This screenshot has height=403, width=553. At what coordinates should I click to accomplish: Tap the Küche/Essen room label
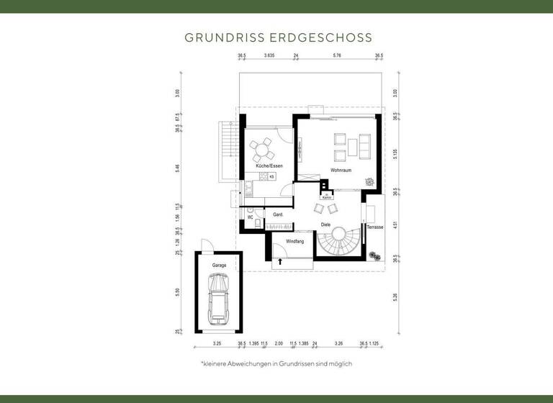tap(269, 166)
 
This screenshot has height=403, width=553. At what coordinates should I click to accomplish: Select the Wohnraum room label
tap(340, 171)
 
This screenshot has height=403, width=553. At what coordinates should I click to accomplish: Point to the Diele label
tap(325, 225)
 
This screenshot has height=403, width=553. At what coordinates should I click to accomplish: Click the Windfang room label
tap(295, 241)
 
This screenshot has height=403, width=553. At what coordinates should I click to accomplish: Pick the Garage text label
tap(219, 266)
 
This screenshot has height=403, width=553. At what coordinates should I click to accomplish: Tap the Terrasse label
tap(375, 227)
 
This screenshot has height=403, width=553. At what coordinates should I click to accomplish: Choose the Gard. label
tap(278, 215)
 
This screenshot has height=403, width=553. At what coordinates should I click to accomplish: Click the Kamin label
tap(326, 196)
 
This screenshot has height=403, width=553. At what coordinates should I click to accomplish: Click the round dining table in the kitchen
tap(261, 152)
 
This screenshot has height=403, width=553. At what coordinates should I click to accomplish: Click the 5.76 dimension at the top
tap(337, 55)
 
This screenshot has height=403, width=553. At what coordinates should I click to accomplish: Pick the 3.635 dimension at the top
tap(270, 55)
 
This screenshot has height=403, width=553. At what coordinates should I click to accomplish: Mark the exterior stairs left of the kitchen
tap(228, 149)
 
